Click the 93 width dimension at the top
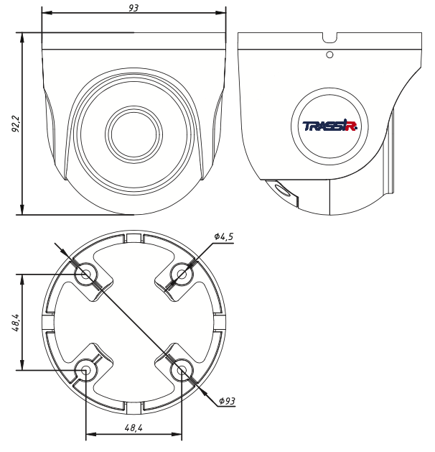tap(134, 7)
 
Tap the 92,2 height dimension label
tap(15, 124)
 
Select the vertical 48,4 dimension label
tap(16, 322)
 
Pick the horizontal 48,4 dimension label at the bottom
tap(134, 428)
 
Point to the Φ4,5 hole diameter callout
tap(223, 236)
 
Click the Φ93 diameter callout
tap(227, 401)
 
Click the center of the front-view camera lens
tap(134, 135)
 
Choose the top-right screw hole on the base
tap(182, 274)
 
